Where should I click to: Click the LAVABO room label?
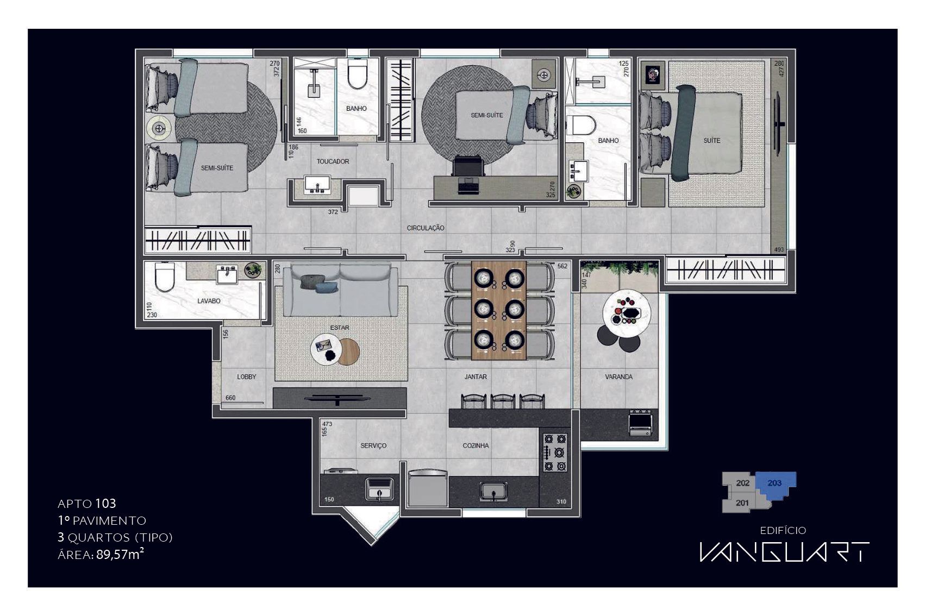click(209, 301)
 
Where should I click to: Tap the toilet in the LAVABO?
click(164, 276)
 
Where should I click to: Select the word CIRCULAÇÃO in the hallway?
click(426, 228)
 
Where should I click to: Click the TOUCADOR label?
click(333, 161)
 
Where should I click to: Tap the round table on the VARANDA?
click(627, 312)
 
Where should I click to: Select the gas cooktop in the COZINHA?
click(555, 452)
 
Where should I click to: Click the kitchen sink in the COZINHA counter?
click(493, 492)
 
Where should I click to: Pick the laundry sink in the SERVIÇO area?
click(379, 489)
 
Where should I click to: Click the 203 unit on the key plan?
click(774, 483)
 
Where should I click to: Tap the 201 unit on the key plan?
click(742, 503)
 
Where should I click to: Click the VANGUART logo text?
click(784, 552)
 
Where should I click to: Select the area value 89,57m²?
click(120, 555)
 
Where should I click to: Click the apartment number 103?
click(106, 504)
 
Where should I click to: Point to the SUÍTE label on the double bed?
click(711, 141)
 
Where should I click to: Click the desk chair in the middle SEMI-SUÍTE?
click(468, 166)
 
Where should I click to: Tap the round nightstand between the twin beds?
click(159, 129)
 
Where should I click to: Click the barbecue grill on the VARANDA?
click(640, 423)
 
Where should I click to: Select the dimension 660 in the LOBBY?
click(230, 398)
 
